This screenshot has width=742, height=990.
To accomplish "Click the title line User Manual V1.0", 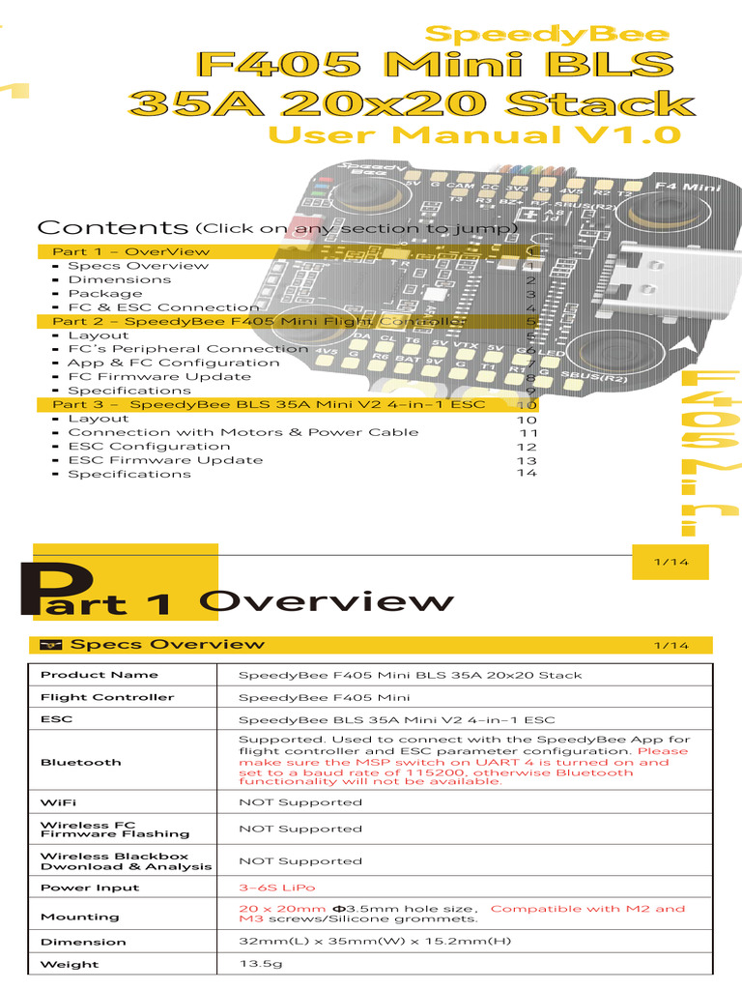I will coord(473,134).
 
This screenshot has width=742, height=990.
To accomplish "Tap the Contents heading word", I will coord(112,228).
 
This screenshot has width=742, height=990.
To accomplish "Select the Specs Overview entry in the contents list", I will coord(137,266).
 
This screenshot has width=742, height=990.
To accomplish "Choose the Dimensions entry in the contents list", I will coord(119,279).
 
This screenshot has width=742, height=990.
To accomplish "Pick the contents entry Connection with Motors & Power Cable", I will coord(243,432).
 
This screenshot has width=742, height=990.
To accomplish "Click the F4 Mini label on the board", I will coord(688,186).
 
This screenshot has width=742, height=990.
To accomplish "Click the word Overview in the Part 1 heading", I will coord(326,601).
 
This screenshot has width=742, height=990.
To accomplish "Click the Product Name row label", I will coord(100,675).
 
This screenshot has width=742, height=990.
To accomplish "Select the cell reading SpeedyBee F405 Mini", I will coord(324,697).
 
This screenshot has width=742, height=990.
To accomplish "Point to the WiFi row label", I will coord(58,802).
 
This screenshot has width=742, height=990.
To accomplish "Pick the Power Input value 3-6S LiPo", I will coord(276,888).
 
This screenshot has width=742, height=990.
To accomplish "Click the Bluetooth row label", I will coord(81,763).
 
